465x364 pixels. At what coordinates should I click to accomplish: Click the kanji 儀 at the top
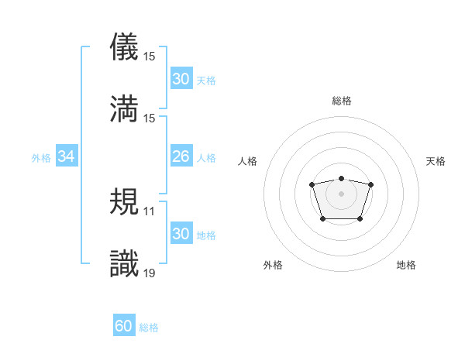click(x=124, y=46)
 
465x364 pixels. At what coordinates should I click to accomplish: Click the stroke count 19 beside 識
click(x=150, y=272)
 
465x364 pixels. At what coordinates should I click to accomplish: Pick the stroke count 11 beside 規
click(x=150, y=211)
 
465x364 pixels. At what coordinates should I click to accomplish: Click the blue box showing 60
click(x=124, y=327)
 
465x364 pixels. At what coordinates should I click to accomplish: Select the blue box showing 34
click(x=67, y=157)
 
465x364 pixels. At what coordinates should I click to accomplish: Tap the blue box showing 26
click(x=181, y=157)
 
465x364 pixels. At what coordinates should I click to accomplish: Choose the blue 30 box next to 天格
click(x=181, y=79)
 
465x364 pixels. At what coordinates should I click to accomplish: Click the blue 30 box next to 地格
click(x=181, y=235)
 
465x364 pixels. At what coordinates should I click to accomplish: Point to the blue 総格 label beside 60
click(x=150, y=328)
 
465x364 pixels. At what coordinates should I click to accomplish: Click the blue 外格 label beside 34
click(x=41, y=158)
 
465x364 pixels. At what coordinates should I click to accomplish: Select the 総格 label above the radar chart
click(x=341, y=101)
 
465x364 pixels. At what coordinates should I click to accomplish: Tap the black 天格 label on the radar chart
click(x=436, y=161)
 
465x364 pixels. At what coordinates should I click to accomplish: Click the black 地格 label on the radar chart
click(x=406, y=266)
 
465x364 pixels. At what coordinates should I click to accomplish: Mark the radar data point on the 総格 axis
click(x=341, y=179)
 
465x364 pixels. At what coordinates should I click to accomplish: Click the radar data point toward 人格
click(x=312, y=184)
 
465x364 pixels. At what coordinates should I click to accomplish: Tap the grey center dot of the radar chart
click(x=341, y=193)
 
